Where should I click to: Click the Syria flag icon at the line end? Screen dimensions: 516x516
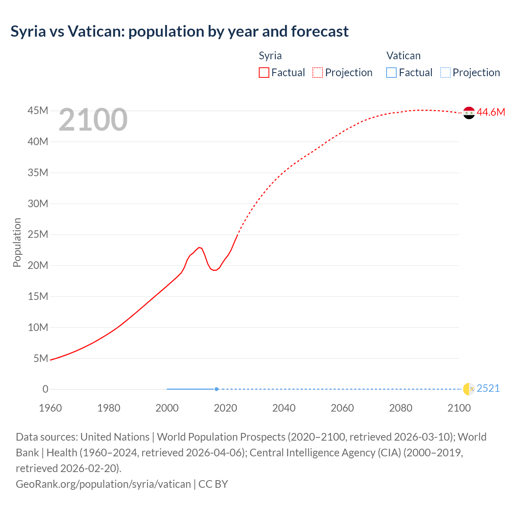[469, 113]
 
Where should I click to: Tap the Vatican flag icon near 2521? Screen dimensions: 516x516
[469, 389]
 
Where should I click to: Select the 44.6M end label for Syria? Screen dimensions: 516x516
[491, 112]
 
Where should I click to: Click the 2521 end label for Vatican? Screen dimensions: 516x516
[488, 388]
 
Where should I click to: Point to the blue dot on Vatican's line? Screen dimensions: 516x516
[216, 389]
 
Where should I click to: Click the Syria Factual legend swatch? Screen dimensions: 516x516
[264, 73]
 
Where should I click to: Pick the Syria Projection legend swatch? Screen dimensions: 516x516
[318, 73]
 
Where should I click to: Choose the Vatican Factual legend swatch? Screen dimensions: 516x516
[391, 73]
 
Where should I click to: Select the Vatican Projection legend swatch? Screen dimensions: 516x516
[445, 73]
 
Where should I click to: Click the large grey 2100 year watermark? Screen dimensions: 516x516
[93, 120]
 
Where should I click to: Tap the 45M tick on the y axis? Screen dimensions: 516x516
[38, 110]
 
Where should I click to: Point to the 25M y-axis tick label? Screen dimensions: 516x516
[38, 234]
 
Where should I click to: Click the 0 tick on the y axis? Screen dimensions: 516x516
[45, 389]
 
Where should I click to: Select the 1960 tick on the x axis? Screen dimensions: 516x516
[50, 408]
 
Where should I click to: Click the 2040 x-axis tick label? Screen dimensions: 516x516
[284, 408]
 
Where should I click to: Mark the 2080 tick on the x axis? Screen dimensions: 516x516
[401, 408]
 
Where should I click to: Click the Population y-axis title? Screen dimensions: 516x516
[17, 242]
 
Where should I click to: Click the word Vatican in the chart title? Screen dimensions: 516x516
[96, 31]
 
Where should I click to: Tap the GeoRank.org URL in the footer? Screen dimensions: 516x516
[103, 484]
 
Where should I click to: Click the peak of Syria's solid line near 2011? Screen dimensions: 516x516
[199, 247]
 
